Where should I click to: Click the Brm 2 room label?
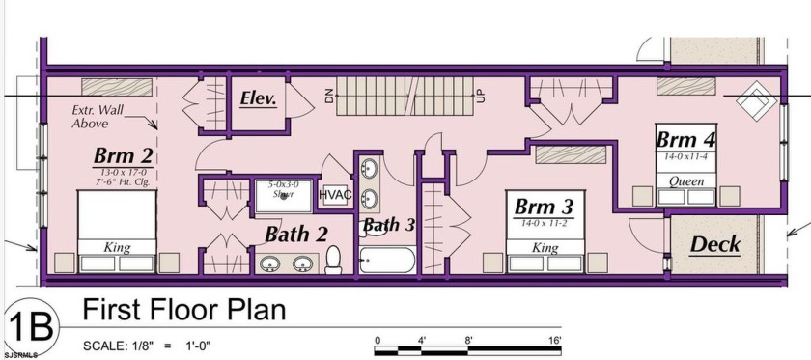click(x=124, y=155)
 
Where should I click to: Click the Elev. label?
click(x=259, y=98)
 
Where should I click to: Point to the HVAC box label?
click(x=335, y=194)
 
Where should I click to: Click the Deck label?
click(x=715, y=243)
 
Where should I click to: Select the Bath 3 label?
click(x=388, y=225)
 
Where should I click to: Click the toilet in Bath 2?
click(x=334, y=259)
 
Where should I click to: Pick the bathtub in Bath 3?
click(x=387, y=260)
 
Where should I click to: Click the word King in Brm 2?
click(x=116, y=248)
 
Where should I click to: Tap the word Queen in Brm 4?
click(x=686, y=181)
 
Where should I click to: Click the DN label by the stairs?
click(x=328, y=96)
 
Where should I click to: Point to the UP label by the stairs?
click(x=480, y=96)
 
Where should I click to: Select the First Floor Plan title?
click(x=183, y=310)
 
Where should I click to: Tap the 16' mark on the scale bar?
click(x=554, y=340)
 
